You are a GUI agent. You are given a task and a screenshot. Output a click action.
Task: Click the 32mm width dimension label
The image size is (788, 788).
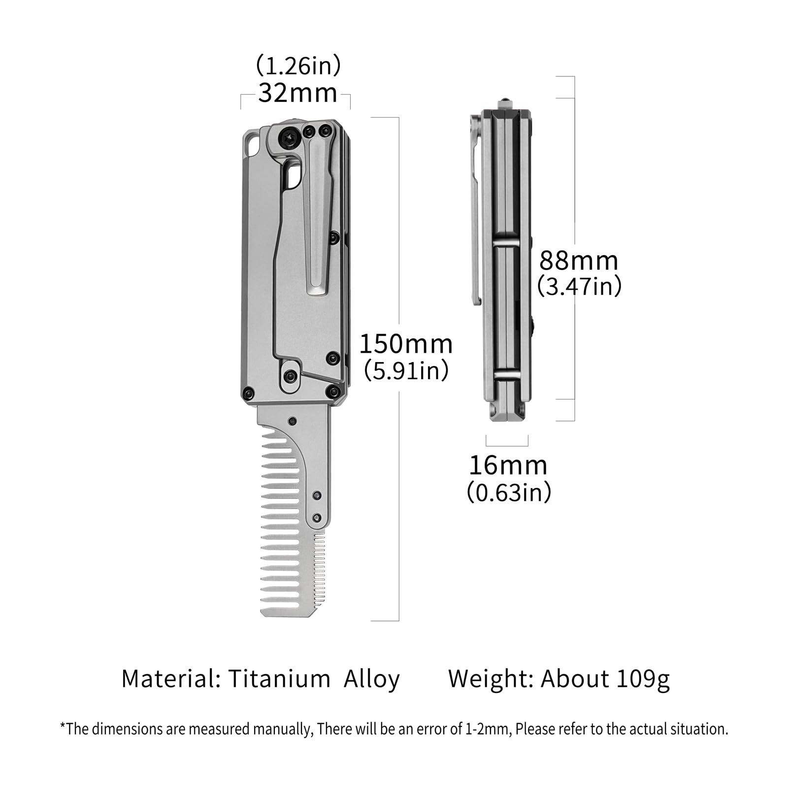tap(297, 93)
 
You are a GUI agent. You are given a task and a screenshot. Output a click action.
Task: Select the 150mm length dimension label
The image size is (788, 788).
tap(406, 344)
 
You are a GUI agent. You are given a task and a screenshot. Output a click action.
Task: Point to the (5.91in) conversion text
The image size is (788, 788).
tap(406, 370)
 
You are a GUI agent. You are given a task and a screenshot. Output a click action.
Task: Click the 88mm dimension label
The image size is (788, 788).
tap(579, 261)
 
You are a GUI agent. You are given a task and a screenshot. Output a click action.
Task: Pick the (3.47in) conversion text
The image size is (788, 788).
tap(579, 286)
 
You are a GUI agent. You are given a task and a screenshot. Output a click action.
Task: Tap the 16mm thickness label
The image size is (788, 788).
tap(508, 465)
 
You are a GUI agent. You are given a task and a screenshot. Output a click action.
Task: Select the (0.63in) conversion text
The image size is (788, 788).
tap(509, 492)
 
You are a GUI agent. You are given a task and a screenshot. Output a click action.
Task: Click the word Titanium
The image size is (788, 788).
tap(279, 679)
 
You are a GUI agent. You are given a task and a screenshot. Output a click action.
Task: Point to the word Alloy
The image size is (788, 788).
tap(372, 680)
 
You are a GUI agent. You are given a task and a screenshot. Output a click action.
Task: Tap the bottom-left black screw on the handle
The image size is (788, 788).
tap(248, 393)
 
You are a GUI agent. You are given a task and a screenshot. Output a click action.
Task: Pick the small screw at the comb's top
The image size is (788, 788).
tap(293, 421)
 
